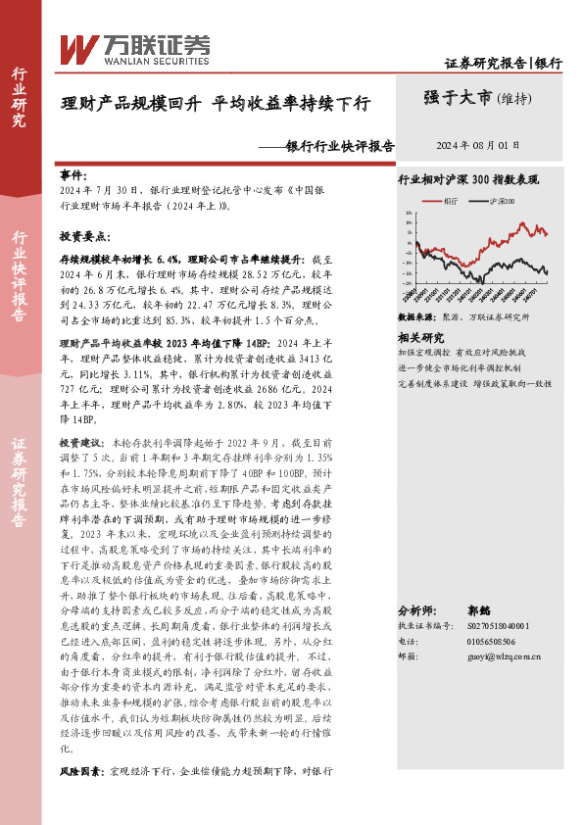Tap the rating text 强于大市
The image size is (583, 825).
click(458, 98)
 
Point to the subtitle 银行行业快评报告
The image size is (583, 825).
click(339, 146)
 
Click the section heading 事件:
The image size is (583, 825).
click(73, 172)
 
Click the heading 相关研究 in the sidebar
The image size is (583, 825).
click(420, 336)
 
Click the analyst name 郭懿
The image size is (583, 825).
click(507, 609)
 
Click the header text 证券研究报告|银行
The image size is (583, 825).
click(504, 63)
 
